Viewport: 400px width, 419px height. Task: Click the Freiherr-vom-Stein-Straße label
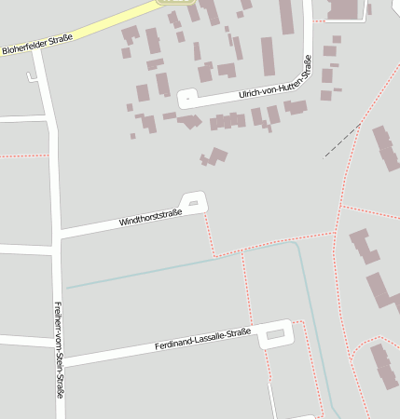(60, 350)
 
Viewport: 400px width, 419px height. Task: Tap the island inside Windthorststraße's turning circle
(193, 203)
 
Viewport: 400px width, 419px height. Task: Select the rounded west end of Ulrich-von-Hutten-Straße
(185, 98)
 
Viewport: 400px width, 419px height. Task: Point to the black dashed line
(342, 140)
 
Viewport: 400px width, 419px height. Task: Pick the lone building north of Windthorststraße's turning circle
(216, 156)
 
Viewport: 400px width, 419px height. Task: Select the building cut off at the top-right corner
(344, 9)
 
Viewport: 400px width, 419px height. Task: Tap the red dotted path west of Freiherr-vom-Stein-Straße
(23, 155)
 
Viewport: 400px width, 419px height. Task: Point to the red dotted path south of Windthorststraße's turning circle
(209, 233)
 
